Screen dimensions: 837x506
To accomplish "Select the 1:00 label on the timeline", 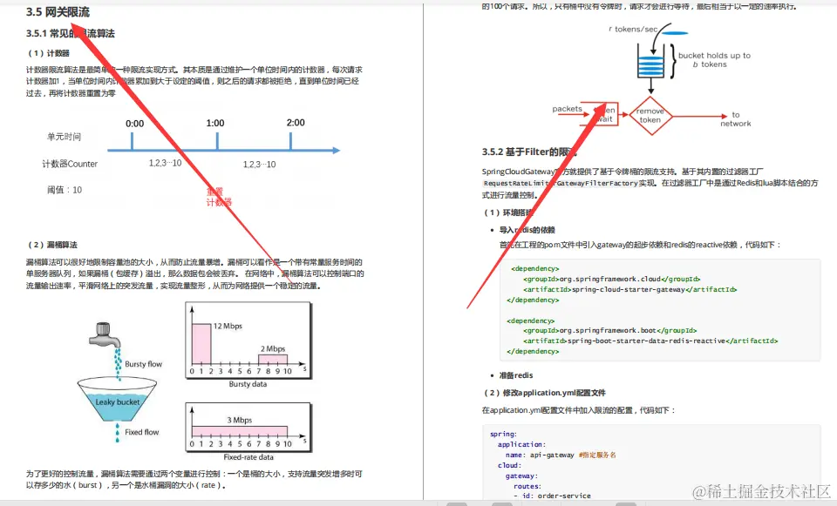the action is click(x=214, y=124).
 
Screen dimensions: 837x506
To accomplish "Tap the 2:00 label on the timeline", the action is click(x=296, y=123).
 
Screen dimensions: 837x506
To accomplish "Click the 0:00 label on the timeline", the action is click(x=134, y=124).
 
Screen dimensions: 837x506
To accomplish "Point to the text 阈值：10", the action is click(x=65, y=190).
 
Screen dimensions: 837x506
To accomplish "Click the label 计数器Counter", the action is click(x=70, y=164).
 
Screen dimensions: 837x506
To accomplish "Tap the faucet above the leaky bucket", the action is click(x=104, y=333).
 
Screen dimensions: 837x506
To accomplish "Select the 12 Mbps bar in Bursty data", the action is click(x=201, y=343).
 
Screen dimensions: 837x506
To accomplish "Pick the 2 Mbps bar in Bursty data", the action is click(x=272, y=359).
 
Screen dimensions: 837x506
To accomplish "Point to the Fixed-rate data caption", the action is click(x=248, y=457).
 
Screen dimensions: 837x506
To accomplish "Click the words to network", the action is click(x=735, y=119).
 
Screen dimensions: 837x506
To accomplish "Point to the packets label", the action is click(x=567, y=109).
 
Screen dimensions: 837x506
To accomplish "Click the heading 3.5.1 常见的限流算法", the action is click(x=71, y=34).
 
